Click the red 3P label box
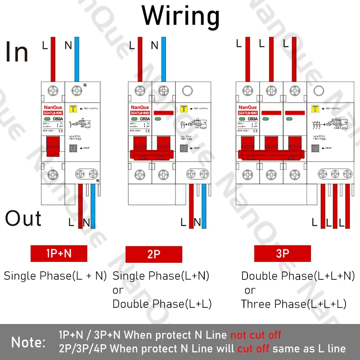click(x=282, y=253)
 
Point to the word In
click(x=17, y=52)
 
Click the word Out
click(x=23, y=219)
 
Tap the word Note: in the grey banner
click(x=28, y=342)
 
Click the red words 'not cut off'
click(x=256, y=335)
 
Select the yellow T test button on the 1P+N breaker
click(x=73, y=108)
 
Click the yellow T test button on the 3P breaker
click(x=315, y=108)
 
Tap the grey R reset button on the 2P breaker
click(x=183, y=147)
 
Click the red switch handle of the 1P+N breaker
click(x=53, y=147)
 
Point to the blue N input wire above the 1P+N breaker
click(x=77, y=58)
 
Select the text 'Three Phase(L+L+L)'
click(x=294, y=304)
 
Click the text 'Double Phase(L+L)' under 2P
click(x=162, y=304)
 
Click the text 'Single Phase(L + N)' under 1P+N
click(x=55, y=276)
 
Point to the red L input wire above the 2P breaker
click(x=139, y=58)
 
